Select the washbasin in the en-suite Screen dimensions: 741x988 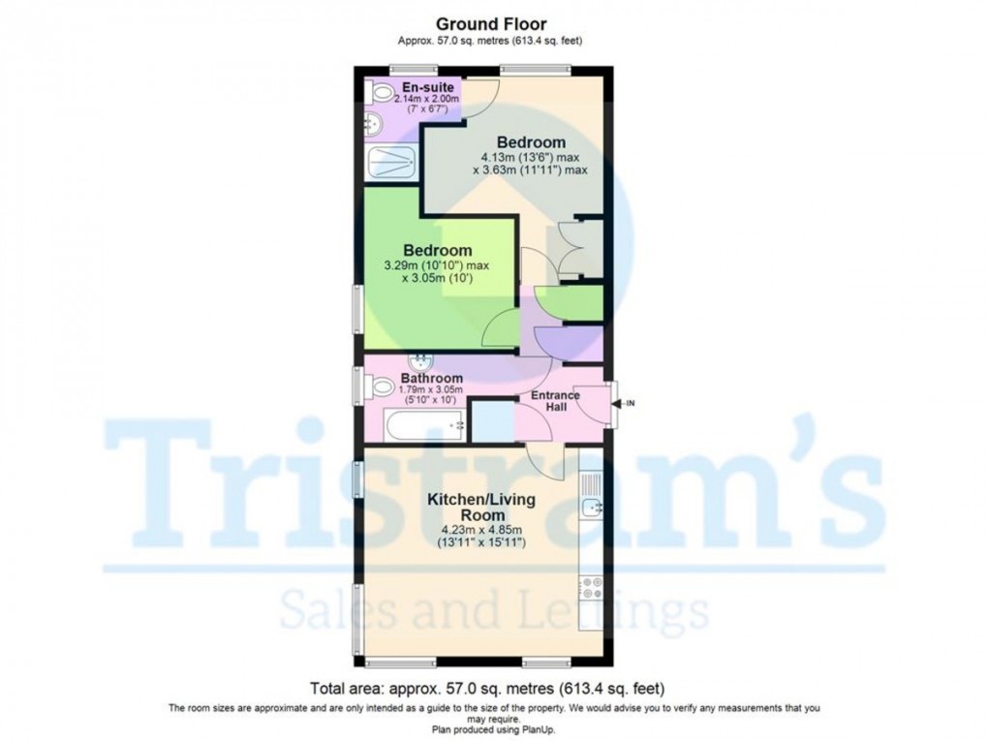coord(374,123)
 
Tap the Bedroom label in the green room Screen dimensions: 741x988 coord(438,250)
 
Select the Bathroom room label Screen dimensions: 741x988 coord(432,378)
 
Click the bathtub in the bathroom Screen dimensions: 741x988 coord(424,424)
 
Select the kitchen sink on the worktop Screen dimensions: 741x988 coord(592,506)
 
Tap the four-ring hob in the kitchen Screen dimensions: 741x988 coord(591,587)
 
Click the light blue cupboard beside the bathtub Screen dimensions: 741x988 coord(491,421)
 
